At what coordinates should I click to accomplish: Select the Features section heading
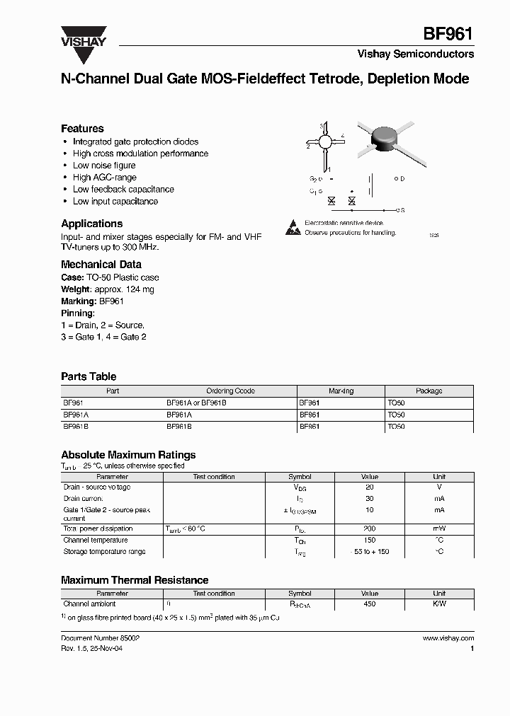click(82, 129)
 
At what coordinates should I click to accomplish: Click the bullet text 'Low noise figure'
click(104, 166)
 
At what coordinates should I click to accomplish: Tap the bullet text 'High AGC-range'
click(104, 178)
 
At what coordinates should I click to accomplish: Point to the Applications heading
click(91, 224)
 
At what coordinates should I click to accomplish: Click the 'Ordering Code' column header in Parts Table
click(230, 391)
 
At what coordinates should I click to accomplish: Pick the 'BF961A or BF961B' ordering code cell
click(195, 403)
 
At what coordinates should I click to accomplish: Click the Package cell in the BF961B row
click(396, 427)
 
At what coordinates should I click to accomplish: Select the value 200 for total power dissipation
click(369, 529)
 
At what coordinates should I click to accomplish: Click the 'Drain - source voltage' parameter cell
click(97, 487)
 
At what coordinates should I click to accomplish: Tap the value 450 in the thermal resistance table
click(369, 604)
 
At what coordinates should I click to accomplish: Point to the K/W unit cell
click(439, 604)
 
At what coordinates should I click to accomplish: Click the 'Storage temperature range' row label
click(104, 552)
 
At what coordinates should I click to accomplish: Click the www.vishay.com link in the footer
click(448, 638)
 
